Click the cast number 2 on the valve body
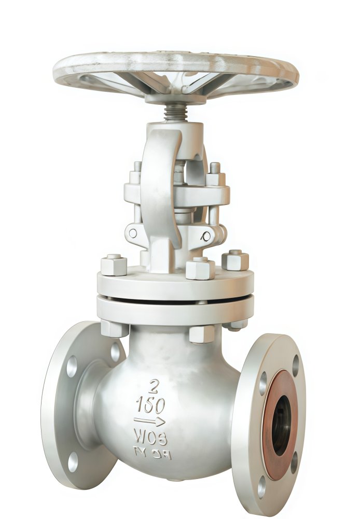(x=154, y=386)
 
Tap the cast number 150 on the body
(x=150, y=405)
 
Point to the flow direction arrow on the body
(x=149, y=421)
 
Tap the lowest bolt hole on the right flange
(x=261, y=486)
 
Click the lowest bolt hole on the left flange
(x=73, y=461)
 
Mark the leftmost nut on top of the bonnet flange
(x=114, y=265)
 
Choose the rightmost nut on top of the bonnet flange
(x=235, y=260)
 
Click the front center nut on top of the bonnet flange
(x=200, y=268)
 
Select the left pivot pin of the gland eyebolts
(x=133, y=233)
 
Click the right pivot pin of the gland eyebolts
(x=207, y=237)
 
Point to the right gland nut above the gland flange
(x=215, y=174)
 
